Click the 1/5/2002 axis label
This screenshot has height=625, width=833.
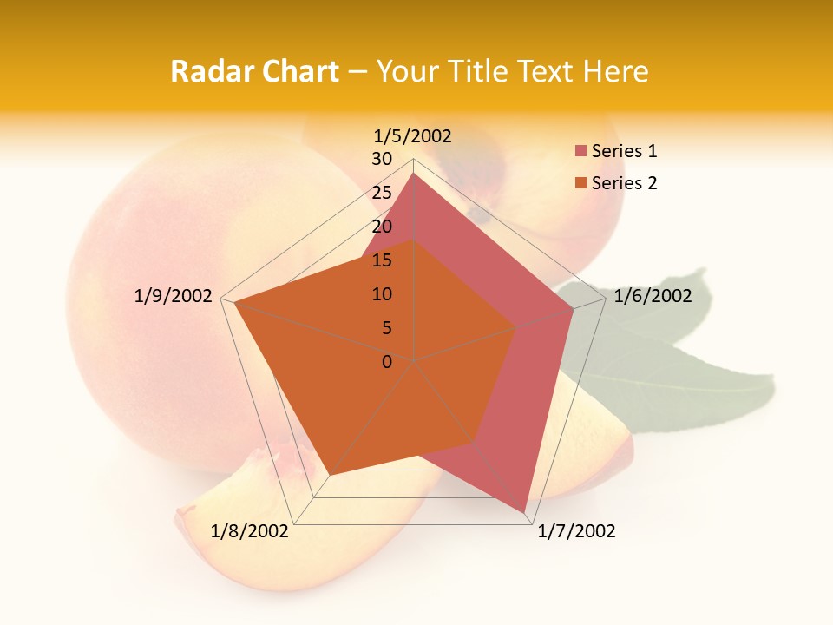[x=412, y=135]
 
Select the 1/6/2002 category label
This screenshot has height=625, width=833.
[x=653, y=296]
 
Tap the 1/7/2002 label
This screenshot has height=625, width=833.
[x=576, y=531]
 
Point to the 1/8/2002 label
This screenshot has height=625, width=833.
[x=250, y=531]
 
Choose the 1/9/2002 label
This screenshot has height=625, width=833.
[x=174, y=296]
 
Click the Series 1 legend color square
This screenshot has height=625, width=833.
[x=580, y=151]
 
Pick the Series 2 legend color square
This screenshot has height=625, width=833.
[x=580, y=183]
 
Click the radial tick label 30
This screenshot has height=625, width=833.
[x=382, y=159]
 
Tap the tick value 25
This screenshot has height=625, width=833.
[x=382, y=193]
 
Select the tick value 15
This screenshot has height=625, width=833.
[x=382, y=260]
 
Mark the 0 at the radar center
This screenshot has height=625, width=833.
[x=387, y=362]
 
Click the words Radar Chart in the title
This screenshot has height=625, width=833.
[x=254, y=71]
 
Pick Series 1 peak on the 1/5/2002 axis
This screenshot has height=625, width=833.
[x=414, y=174]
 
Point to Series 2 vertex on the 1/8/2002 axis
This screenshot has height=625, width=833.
[x=331, y=474]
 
